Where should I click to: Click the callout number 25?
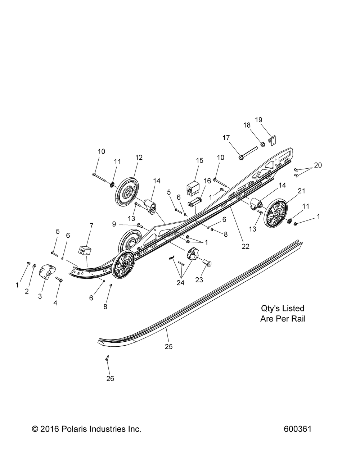(169, 347)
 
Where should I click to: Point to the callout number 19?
(258, 120)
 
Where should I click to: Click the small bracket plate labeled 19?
(273, 141)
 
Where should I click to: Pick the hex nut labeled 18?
(262, 145)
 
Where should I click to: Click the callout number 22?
(246, 246)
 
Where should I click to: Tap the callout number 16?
(207, 181)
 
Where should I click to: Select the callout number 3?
(40, 296)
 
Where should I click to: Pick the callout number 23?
(199, 280)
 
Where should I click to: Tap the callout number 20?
(318, 165)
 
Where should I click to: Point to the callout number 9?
(114, 224)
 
